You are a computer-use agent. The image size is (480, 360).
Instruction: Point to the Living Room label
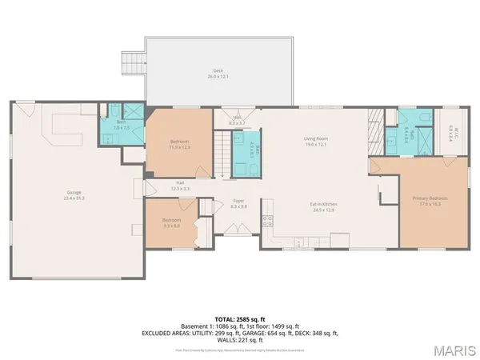316,142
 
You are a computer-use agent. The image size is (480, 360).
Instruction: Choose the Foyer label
238,204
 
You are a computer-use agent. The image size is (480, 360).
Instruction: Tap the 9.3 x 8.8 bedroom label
172,222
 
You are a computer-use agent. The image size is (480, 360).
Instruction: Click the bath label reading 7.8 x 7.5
121,125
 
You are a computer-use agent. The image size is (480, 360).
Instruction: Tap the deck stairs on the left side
129,62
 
